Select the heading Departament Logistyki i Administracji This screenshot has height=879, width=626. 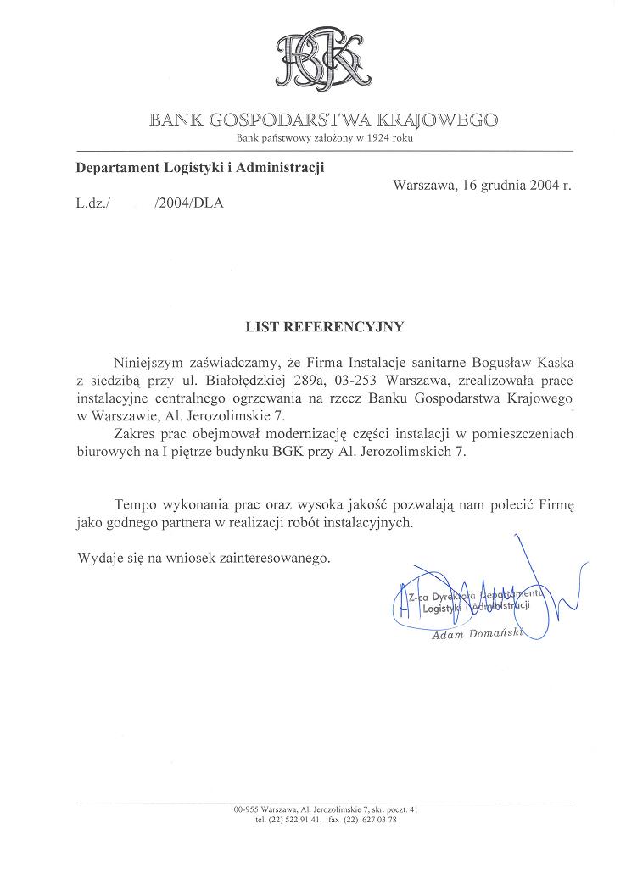[200, 168]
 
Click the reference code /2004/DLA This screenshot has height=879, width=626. [189, 204]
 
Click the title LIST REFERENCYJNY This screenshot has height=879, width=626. [325, 325]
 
